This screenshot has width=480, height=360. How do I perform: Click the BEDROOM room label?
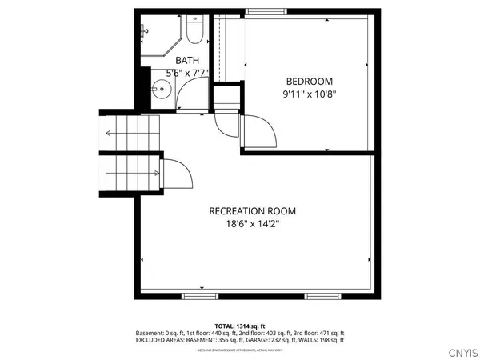click(309, 81)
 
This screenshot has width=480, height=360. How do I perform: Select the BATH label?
click(188, 60)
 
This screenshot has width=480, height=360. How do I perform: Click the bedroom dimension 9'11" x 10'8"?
click(309, 94)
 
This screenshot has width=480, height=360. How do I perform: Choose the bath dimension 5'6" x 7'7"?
click(188, 73)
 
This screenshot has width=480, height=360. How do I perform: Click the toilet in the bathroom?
click(194, 32)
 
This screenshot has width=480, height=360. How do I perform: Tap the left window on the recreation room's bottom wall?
click(199, 296)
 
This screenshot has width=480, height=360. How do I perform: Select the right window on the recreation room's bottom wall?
click(322, 296)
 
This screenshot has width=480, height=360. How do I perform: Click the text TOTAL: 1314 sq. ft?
click(239, 326)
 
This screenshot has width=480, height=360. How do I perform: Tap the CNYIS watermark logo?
click(462, 350)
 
